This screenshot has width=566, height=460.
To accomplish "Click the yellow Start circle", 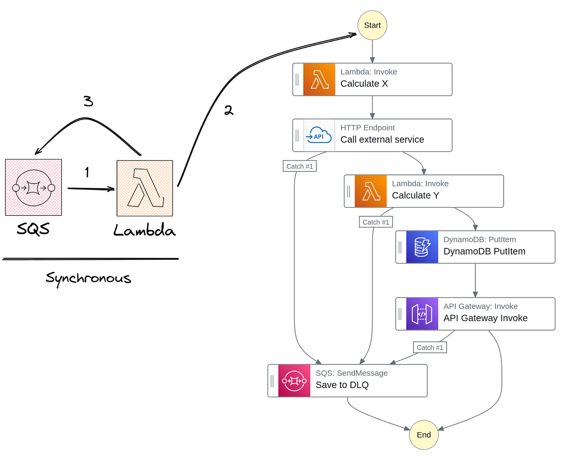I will point(372,25).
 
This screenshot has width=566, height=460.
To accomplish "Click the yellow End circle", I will point(424,434).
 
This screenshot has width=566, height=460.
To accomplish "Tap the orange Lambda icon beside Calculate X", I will point(319,79).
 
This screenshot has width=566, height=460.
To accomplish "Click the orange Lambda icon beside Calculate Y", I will point(371,191).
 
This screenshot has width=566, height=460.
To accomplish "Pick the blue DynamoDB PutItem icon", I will point(422,247).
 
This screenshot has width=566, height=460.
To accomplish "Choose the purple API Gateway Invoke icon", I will point(422,314).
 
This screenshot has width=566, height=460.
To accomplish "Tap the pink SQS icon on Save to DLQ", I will point(294,381).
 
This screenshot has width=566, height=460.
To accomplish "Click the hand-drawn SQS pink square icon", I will point(33,187).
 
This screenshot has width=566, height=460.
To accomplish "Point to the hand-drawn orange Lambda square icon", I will point(145,188).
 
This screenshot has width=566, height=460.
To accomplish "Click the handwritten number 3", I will point(88,101).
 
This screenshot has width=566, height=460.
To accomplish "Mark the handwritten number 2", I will point(228,111).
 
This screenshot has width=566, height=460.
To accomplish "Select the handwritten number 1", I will point(87,173).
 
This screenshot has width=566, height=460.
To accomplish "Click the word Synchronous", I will point(88,278).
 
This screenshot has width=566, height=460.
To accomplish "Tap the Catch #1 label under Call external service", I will point(299,166).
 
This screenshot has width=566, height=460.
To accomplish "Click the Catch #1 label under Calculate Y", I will point(375,222).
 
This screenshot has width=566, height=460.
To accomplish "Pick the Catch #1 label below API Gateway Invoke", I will point(430,348).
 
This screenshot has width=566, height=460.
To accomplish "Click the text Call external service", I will point(382,140).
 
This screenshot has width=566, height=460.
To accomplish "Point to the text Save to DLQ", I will point(342,385).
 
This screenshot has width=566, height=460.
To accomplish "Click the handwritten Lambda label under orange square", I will point(144,230).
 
